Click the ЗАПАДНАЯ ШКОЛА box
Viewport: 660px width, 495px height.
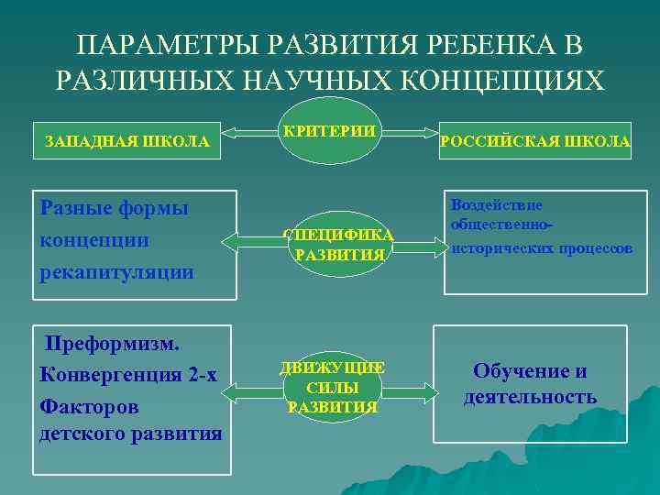[x=127, y=142]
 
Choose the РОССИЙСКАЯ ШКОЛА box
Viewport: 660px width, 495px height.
[x=535, y=141]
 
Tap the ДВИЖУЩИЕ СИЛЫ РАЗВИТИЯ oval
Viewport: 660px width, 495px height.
[x=332, y=387]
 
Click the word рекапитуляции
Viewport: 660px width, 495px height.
[x=117, y=271]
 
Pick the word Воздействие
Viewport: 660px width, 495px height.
[x=496, y=205]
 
